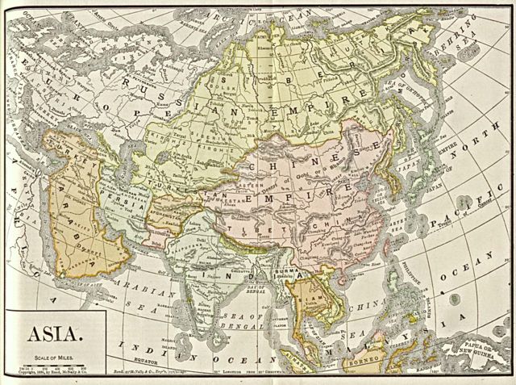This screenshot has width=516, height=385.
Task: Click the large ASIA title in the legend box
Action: [x=54, y=333]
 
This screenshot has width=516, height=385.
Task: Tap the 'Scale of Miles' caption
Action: [x=54, y=355]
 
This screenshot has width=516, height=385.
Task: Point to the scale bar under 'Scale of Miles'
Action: [x=54, y=365]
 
